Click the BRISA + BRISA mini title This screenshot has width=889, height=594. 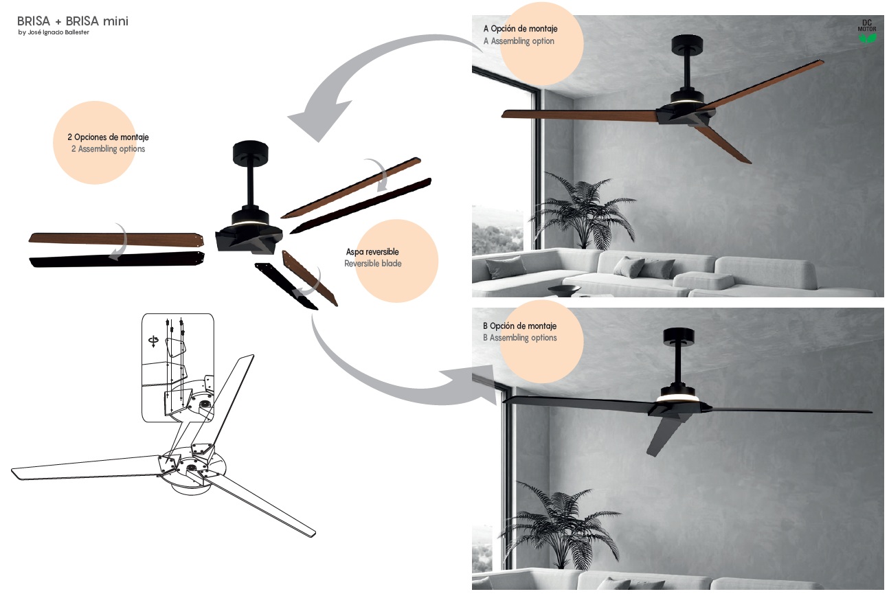click(x=73, y=21)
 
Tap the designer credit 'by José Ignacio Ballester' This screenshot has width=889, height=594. click(x=54, y=32)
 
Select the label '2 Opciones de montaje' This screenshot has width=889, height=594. click(x=108, y=137)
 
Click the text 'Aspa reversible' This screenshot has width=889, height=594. click(x=372, y=252)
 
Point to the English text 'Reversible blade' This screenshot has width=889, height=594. click(x=372, y=264)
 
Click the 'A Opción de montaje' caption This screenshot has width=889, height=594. click(x=520, y=29)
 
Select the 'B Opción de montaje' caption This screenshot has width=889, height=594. click(x=519, y=326)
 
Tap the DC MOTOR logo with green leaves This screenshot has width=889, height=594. click(x=867, y=31)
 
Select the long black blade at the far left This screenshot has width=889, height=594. click(x=117, y=260)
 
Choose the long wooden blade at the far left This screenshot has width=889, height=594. click(x=116, y=239)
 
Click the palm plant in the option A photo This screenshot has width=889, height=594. click(x=583, y=210)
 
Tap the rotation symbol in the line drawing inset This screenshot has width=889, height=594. click(x=153, y=341)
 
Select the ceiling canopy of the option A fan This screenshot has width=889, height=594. click(x=686, y=45)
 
